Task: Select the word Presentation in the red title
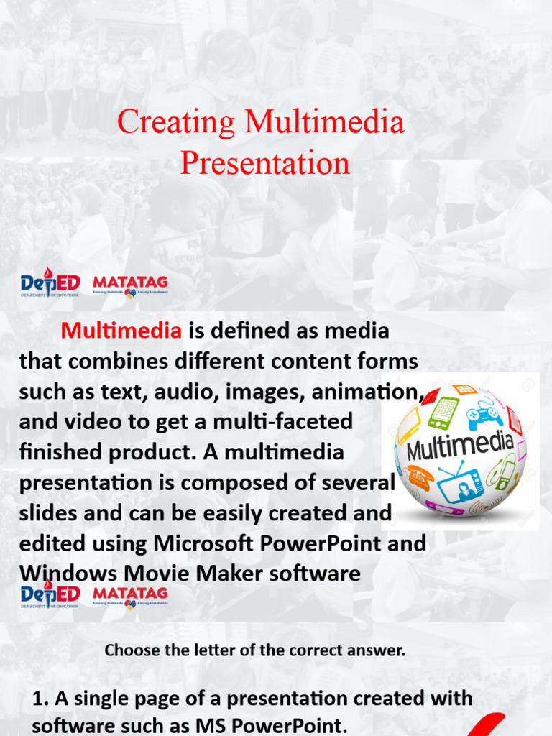264,163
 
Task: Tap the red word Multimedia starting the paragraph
121,331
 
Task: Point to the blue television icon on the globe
461,484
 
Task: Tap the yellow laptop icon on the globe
410,428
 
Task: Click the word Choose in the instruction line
129,651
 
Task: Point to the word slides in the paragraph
50,513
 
